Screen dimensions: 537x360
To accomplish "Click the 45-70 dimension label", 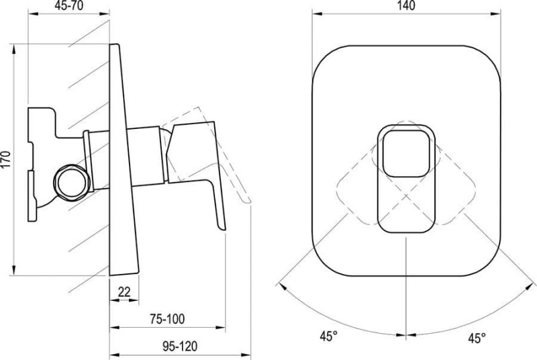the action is click(69, 6).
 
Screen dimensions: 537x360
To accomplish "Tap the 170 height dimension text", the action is click(7, 160).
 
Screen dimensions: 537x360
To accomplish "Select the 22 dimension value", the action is click(124, 292).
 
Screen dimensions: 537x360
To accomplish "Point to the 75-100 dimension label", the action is click(167, 319).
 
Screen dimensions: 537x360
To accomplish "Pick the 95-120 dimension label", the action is click(179, 347).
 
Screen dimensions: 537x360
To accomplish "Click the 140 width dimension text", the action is click(407, 5).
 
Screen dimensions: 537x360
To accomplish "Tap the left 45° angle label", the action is click(329, 336).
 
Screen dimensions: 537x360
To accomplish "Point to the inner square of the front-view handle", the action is click(406, 153).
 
